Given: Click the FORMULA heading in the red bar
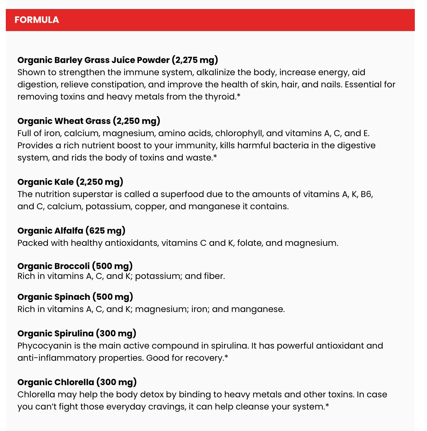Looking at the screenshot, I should tap(37, 20).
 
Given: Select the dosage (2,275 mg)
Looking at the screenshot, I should tap(195, 60).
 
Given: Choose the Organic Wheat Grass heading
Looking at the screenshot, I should tap(64, 121).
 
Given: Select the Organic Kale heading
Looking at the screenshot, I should tap(46, 182).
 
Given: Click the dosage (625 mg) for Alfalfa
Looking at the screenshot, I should tap(105, 231).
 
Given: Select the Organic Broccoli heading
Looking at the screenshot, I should tap(53, 266).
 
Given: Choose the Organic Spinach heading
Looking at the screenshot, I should tap(54, 297).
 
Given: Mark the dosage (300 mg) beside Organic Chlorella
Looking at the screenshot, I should tap(116, 382).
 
